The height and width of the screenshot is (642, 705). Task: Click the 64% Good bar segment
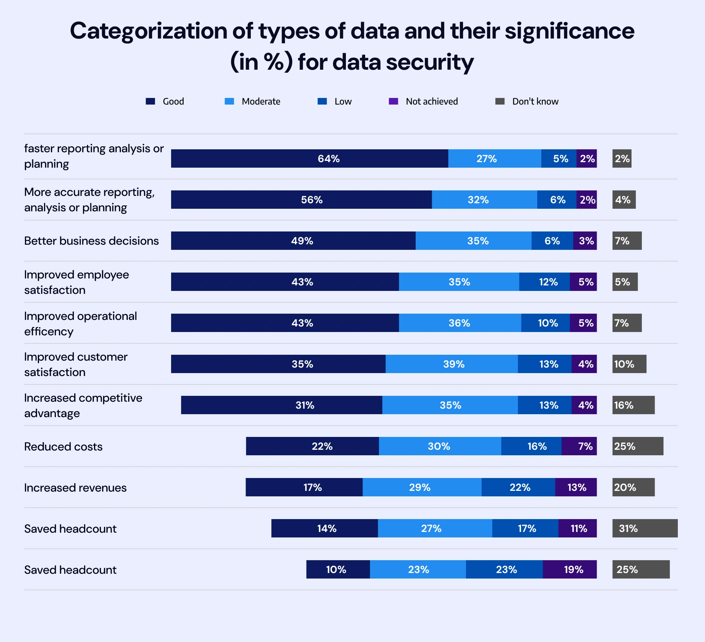(x=310, y=158)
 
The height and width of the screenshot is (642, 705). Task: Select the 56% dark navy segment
(x=301, y=200)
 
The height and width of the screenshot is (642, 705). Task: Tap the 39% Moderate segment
(x=452, y=364)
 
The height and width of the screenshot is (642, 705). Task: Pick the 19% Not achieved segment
(x=570, y=569)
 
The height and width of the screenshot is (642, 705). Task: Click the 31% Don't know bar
(x=645, y=528)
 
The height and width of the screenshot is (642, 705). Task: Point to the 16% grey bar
(x=633, y=405)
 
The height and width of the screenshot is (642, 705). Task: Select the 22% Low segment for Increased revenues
(x=518, y=487)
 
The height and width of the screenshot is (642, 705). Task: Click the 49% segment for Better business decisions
(x=293, y=241)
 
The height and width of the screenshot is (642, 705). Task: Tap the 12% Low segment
(x=545, y=282)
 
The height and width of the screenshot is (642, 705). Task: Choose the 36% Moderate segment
(x=460, y=323)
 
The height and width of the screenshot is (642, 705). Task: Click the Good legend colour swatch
(x=151, y=101)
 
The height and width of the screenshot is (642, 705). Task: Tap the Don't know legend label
(x=535, y=101)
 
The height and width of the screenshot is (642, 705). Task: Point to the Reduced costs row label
(x=63, y=446)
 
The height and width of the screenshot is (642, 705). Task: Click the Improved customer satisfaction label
(x=76, y=364)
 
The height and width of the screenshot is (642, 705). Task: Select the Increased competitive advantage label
(x=83, y=405)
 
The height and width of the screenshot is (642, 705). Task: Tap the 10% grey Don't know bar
(x=629, y=364)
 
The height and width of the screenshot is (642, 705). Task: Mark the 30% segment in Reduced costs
(x=440, y=446)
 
